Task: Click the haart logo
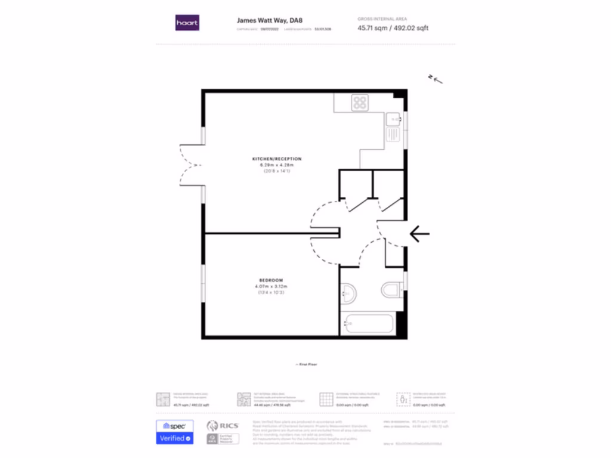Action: point(187,23)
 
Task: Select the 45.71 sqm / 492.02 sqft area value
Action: point(393,28)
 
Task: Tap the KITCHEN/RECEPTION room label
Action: point(276,159)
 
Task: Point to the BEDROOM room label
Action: point(271,280)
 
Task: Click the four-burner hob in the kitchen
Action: point(360,103)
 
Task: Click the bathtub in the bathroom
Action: point(367,325)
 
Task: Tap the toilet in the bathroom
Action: point(391,290)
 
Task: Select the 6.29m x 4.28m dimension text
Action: point(276,165)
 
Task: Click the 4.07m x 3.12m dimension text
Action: point(271,286)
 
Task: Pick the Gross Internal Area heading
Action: point(382,19)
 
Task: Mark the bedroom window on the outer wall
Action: point(203,283)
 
